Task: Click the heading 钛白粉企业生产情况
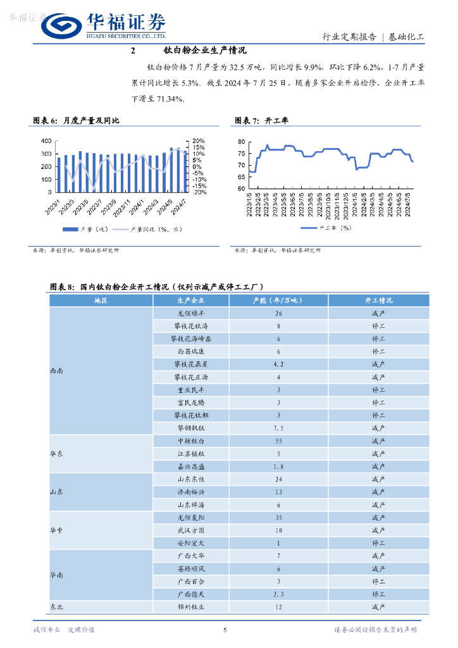(x=204, y=50)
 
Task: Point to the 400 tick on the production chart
(x=46, y=140)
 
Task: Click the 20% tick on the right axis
(x=198, y=140)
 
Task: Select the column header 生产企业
(x=190, y=301)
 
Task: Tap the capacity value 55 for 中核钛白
(x=278, y=440)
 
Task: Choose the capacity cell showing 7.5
(x=278, y=428)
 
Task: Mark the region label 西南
(x=56, y=371)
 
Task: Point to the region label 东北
(x=56, y=607)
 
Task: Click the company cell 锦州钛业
(x=190, y=607)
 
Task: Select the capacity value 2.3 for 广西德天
(x=278, y=594)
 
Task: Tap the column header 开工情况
(x=378, y=301)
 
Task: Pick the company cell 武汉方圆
(x=190, y=530)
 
